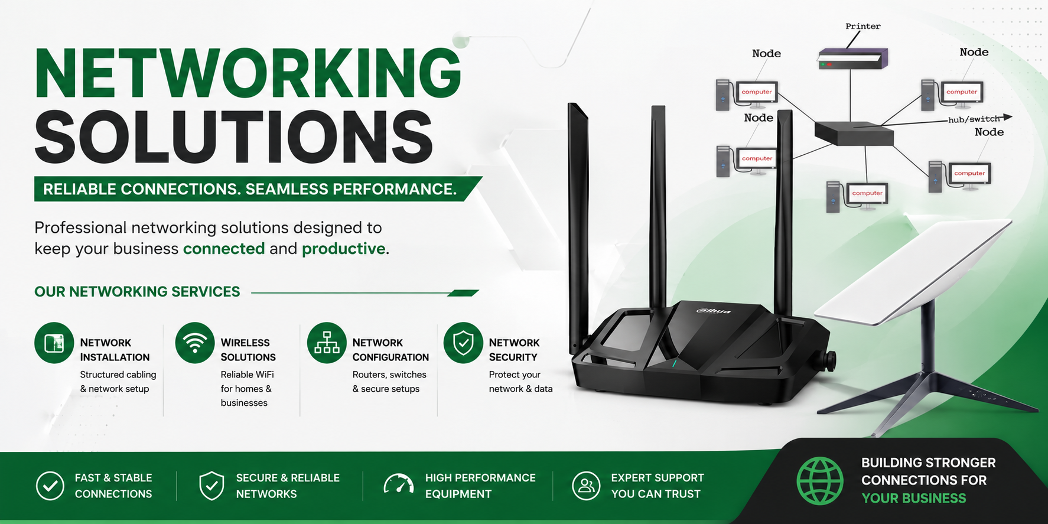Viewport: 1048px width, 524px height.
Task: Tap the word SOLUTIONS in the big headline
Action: (234, 137)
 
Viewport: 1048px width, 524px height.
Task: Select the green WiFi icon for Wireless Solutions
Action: (195, 343)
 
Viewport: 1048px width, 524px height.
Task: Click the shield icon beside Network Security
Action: (463, 343)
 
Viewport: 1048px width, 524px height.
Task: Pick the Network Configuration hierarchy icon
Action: (327, 343)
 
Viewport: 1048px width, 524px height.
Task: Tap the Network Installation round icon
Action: (54, 343)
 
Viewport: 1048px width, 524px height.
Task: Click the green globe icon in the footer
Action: (820, 481)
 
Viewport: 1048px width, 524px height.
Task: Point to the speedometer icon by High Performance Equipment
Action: (399, 484)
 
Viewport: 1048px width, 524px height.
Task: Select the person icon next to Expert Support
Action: (586, 486)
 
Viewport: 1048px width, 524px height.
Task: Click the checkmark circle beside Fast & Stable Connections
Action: (50, 486)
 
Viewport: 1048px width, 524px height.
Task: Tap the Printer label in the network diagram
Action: (863, 27)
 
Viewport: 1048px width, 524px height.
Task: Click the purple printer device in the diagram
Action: (853, 58)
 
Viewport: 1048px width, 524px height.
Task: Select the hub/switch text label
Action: (974, 119)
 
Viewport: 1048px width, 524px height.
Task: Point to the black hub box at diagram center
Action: (854, 134)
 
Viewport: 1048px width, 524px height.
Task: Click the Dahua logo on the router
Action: (713, 311)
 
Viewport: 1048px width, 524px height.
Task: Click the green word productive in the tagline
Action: (343, 249)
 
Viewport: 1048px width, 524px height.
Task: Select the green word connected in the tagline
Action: (224, 249)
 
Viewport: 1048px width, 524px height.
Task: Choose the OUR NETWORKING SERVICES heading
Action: (137, 292)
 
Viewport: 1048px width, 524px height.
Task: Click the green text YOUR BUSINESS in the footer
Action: (913, 498)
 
